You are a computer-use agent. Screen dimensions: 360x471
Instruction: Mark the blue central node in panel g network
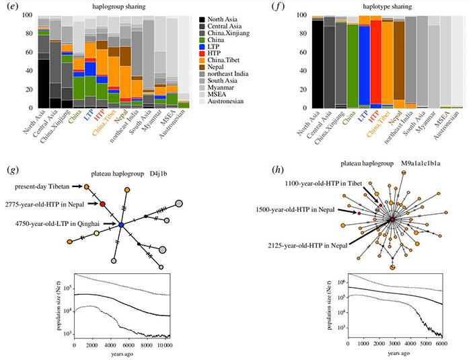120,225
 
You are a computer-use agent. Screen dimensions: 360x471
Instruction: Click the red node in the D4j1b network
103,203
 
